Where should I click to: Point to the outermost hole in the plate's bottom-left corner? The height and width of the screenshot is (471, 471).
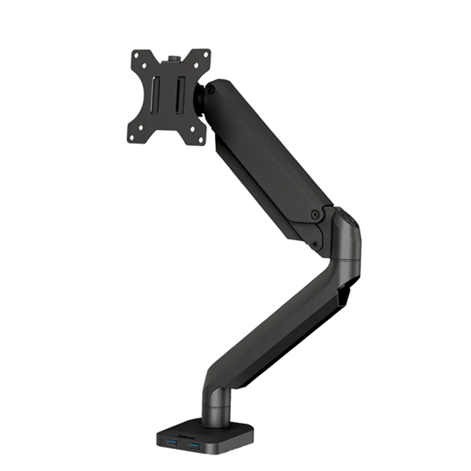click(x=132, y=137)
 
